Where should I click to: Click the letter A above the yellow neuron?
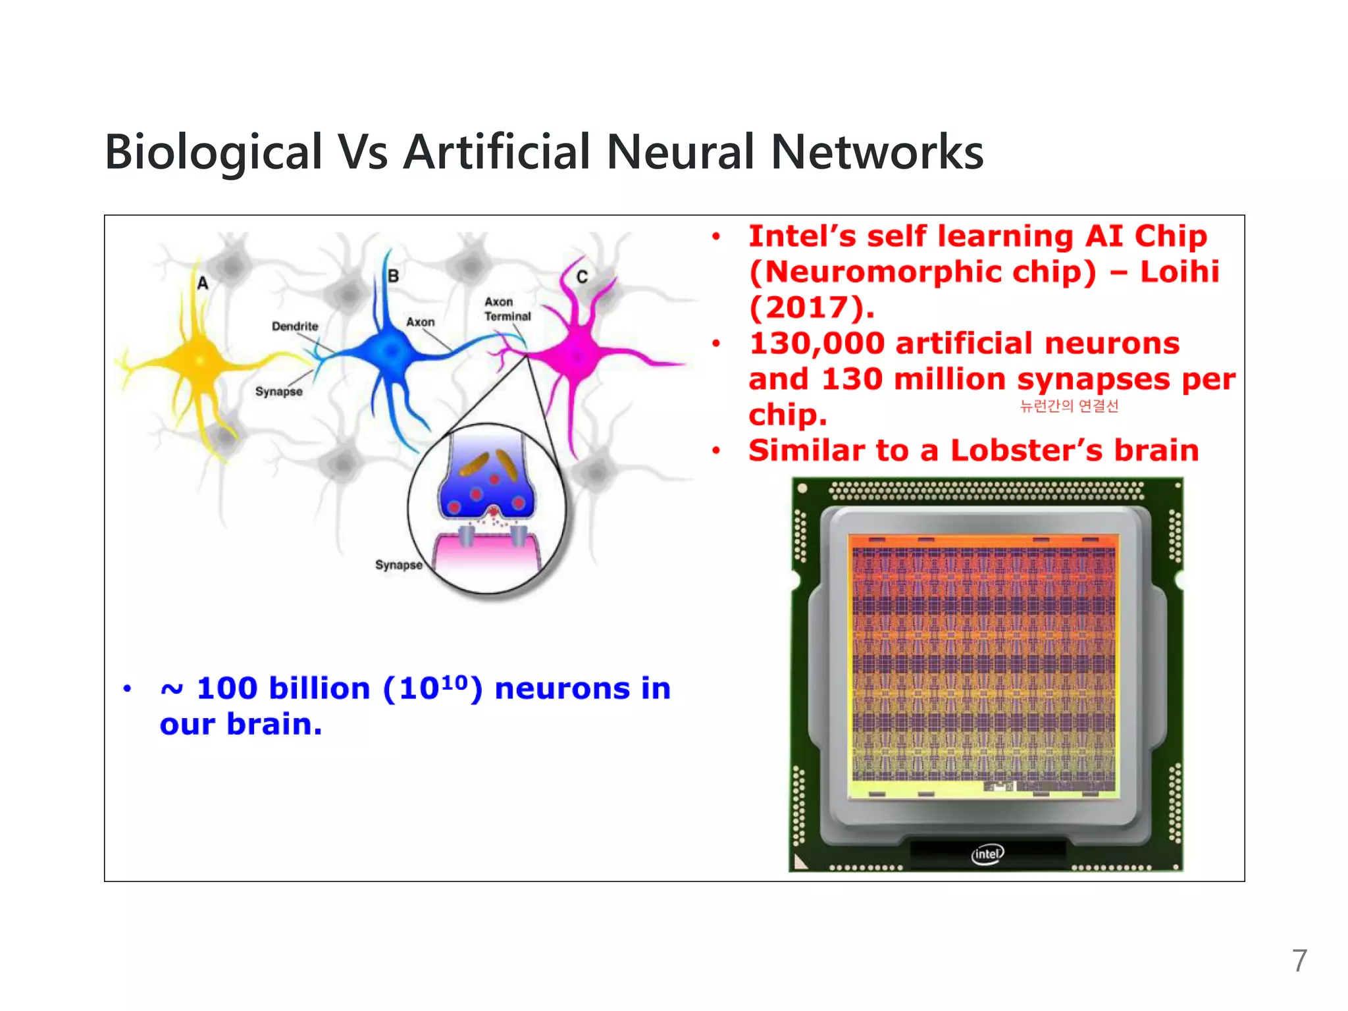(x=203, y=283)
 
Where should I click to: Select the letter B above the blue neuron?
(x=393, y=276)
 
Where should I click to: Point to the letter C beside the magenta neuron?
(x=582, y=276)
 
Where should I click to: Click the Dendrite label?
(x=295, y=326)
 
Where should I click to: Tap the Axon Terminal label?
(x=507, y=309)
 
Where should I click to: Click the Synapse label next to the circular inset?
(x=399, y=565)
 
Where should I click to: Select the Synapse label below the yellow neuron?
(x=279, y=392)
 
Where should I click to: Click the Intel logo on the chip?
(x=987, y=854)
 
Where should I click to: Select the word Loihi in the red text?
(x=1179, y=272)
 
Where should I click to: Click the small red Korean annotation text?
(x=1069, y=406)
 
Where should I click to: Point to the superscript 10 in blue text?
(x=454, y=681)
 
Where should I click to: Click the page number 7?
(x=1299, y=961)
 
